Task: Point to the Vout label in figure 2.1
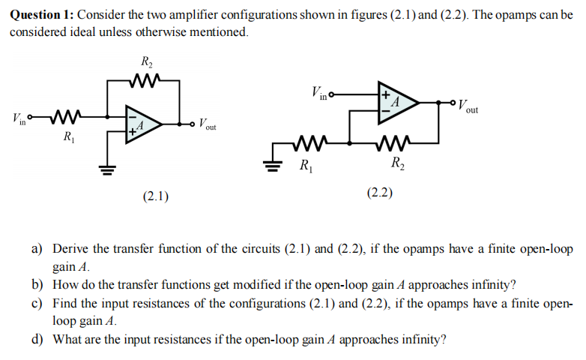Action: coord(207,124)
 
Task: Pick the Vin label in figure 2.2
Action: coord(317,94)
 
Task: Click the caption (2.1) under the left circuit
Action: coord(155,196)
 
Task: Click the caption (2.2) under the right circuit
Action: coord(380,193)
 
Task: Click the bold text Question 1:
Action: coord(41,14)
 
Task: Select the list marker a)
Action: coord(36,248)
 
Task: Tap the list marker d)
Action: coord(36,338)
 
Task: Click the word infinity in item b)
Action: coord(492,284)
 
